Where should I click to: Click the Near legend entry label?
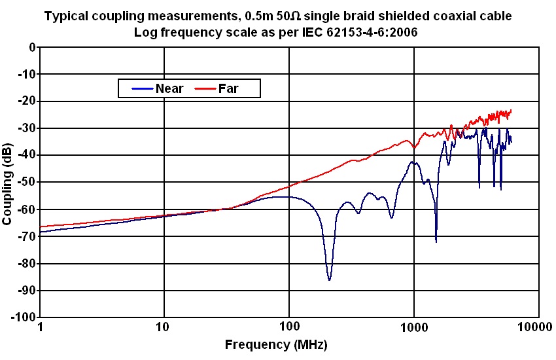pyautogui.click(x=170, y=88)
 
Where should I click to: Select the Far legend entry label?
pyautogui.click(x=228, y=88)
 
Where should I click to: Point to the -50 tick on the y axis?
pyautogui.click(x=27, y=182)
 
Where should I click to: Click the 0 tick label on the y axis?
pyautogui.click(x=31, y=47)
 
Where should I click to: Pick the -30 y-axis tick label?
pyautogui.click(x=27, y=128)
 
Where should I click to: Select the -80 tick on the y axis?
pyautogui.click(x=27, y=263)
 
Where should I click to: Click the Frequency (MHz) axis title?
pyautogui.click(x=276, y=344)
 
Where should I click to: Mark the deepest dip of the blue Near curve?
pyautogui.click(x=329, y=279)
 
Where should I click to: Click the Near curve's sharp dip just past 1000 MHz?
pyautogui.click(x=436, y=242)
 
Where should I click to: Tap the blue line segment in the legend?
pyautogui.click(x=142, y=88)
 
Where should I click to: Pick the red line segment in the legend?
pyautogui.click(x=205, y=88)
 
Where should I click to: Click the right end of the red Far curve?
pyautogui.click(x=511, y=111)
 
